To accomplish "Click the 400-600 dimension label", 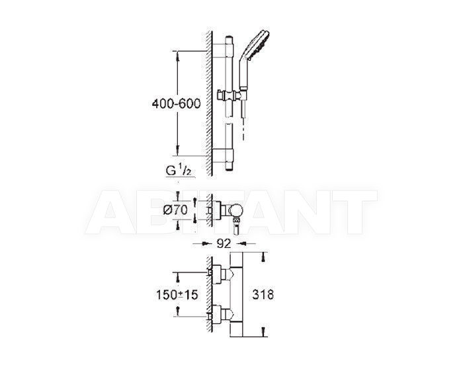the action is click(x=177, y=103).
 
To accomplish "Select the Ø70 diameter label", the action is click(x=176, y=210).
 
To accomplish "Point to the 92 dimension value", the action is click(x=224, y=243).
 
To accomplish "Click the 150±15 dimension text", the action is click(x=177, y=294).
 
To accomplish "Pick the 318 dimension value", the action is click(x=263, y=294).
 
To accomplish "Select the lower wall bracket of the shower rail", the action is click(x=223, y=155).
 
